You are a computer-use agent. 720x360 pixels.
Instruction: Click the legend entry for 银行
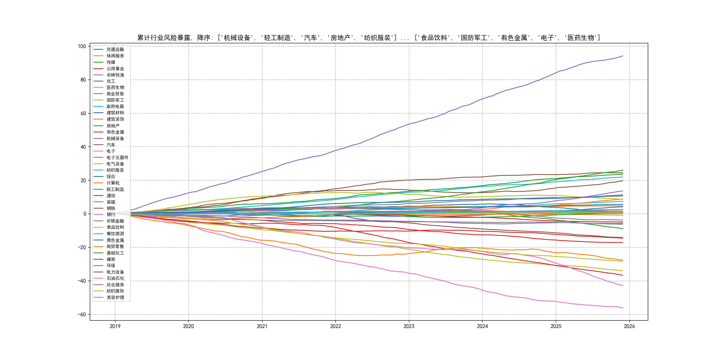click(111, 214)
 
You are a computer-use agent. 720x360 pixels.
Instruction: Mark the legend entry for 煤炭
click(111, 259)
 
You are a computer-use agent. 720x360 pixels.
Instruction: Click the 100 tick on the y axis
click(82, 46)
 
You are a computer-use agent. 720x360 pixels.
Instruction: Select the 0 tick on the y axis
click(85, 214)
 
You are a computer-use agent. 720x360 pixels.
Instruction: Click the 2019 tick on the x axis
click(115, 326)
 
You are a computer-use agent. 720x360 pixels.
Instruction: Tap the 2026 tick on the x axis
click(629, 326)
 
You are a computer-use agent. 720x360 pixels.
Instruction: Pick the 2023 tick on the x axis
click(409, 326)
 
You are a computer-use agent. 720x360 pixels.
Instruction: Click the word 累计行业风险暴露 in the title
click(164, 38)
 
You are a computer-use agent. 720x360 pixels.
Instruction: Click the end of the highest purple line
click(623, 56)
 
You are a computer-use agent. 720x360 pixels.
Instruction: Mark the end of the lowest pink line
click(623, 308)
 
